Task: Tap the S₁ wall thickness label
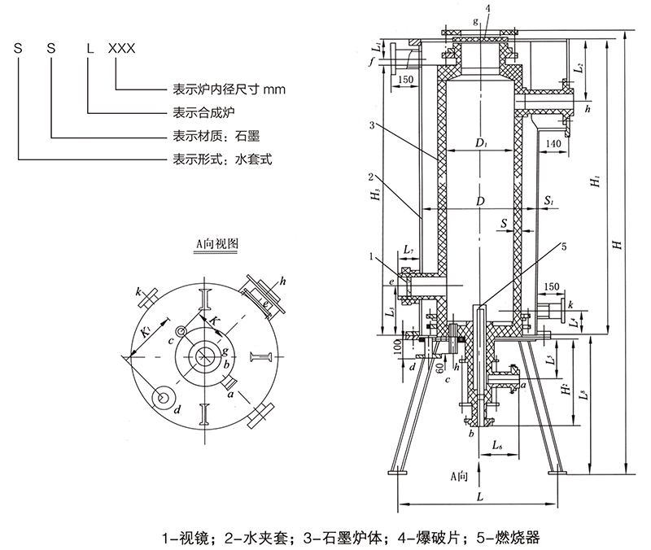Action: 550,199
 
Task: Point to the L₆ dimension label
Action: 501,446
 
